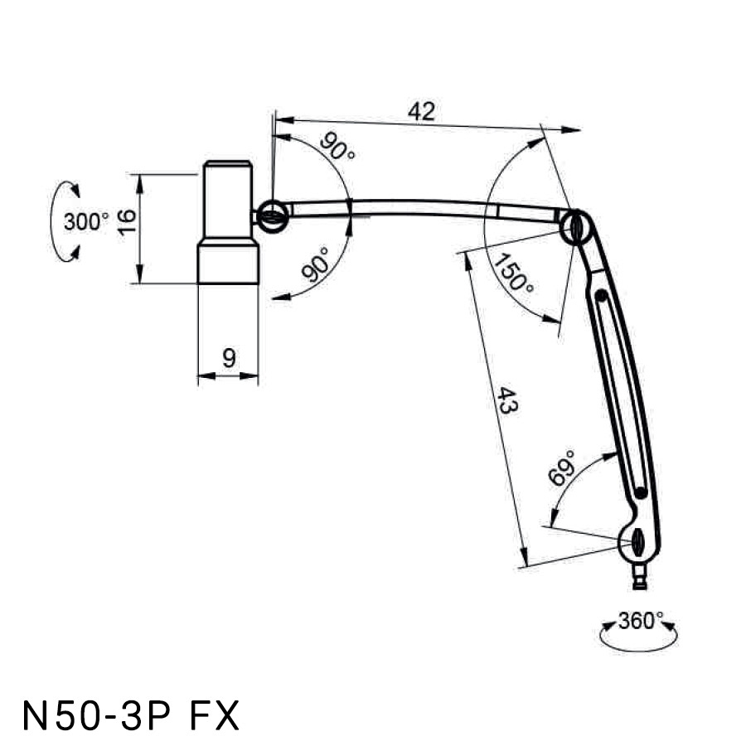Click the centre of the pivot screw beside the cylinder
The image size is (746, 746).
point(272,217)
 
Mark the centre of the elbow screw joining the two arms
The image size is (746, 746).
point(576,228)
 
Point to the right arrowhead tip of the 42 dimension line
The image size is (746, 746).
point(580,130)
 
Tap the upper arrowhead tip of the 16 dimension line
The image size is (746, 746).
point(139,175)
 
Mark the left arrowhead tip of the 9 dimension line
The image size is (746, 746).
point(197,375)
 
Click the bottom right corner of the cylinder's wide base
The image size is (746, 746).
point(259,283)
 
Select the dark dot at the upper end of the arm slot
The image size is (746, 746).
point(602,295)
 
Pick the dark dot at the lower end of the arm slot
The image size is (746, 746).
point(641,493)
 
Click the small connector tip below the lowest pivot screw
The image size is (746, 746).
point(640,577)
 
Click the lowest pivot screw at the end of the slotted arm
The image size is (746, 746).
point(637,542)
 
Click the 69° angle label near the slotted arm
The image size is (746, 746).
point(562,468)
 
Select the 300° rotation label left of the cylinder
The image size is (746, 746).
point(86,221)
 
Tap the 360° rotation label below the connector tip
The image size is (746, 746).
point(641,621)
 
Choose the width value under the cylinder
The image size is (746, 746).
point(229,358)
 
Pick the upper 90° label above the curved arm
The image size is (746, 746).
point(337,146)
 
